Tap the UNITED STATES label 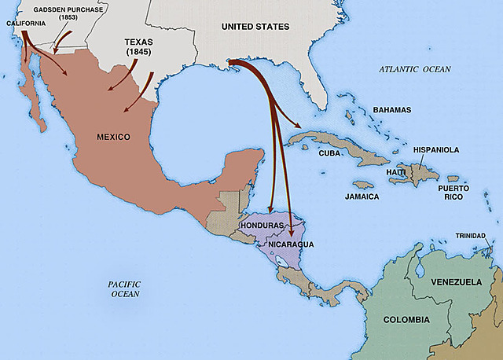click(x=255, y=27)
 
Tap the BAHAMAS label click(x=392, y=109)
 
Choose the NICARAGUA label click(x=290, y=244)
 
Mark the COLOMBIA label click(x=406, y=320)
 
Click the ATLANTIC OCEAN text click(x=415, y=69)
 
